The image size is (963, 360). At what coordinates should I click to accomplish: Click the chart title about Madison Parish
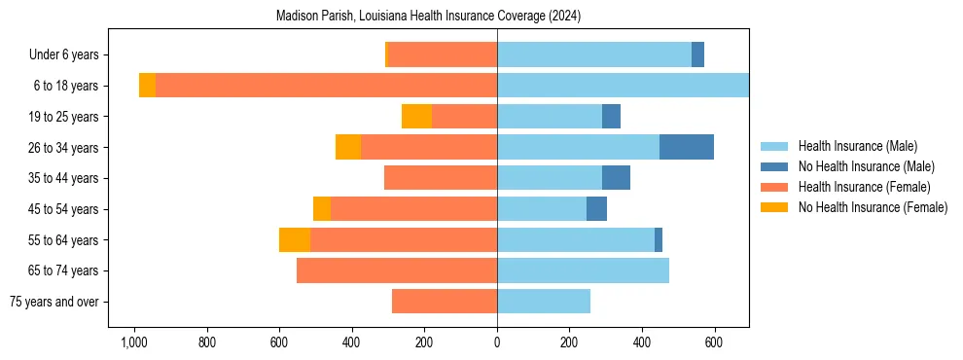[x=428, y=17]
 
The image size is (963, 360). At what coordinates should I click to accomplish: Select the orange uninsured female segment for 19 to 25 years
[x=416, y=117]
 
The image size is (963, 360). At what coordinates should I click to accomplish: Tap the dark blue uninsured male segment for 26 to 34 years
[x=687, y=147]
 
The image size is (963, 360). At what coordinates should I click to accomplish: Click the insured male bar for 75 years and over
[x=544, y=302]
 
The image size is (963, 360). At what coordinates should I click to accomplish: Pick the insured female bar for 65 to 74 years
[x=397, y=270]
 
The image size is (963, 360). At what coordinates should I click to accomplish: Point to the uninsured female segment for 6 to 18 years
[x=147, y=86]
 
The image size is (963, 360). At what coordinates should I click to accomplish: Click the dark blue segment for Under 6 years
[x=697, y=54]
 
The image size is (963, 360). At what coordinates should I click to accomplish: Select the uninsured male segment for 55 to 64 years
[x=659, y=239]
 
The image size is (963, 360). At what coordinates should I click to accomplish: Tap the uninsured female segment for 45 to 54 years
[x=322, y=209]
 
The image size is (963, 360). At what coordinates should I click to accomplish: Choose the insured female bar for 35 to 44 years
[x=441, y=178]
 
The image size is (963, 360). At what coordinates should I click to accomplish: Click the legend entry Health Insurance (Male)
[x=856, y=146]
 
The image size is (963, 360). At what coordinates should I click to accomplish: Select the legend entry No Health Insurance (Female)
[x=872, y=207]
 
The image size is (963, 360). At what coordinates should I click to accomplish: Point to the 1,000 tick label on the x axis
[x=133, y=342]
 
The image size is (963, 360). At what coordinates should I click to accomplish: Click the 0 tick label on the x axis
[x=497, y=342]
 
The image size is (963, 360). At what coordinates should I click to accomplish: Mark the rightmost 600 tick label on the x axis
[x=715, y=342]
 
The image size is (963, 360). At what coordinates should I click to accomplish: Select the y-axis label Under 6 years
[x=70, y=54]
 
